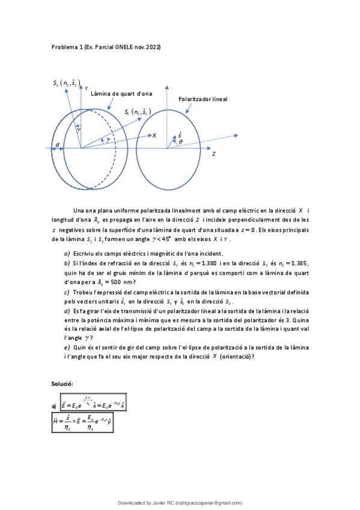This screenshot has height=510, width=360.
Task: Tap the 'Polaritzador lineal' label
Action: pos(203,99)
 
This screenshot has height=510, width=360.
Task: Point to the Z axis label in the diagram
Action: pos(214,154)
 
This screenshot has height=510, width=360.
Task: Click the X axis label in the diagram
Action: pos(154,136)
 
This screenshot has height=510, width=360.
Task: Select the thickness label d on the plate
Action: pos(57,146)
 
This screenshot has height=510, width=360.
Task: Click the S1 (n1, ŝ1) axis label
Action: pos(138,111)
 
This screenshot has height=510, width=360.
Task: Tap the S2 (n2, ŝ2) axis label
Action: pos(67,84)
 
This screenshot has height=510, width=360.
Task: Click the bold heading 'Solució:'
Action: pos(62,383)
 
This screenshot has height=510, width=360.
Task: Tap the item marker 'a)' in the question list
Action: pos(67,253)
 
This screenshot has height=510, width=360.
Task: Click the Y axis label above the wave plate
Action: pos(86,88)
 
